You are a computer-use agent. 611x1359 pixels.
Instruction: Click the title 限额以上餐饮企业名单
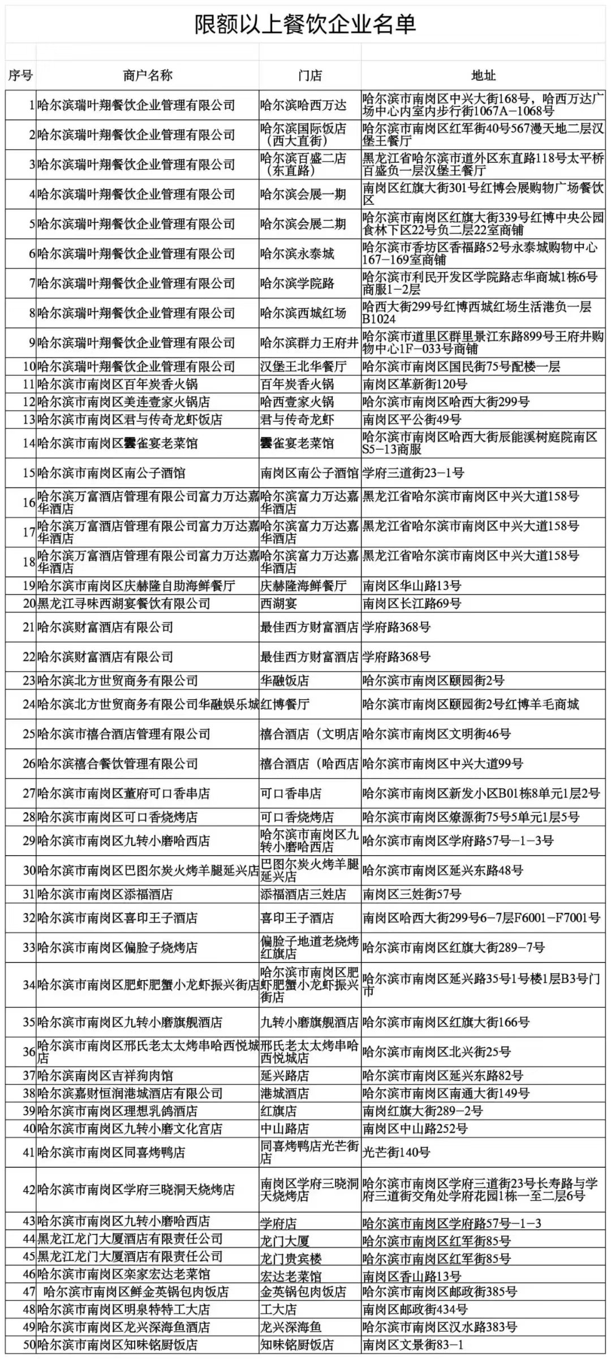(305, 24)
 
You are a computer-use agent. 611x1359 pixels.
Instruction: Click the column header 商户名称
(147, 75)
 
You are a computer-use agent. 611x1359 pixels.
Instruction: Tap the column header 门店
(309, 75)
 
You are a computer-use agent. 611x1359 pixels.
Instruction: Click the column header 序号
(20, 75)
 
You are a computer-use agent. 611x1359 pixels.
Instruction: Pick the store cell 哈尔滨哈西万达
(303, 105)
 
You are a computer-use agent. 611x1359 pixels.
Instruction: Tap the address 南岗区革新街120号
(415, 385)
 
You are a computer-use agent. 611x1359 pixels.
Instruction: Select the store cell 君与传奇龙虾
(296, 420)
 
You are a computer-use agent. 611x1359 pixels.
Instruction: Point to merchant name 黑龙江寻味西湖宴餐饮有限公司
(124, 603)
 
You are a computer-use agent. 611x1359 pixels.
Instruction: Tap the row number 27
(29, 793)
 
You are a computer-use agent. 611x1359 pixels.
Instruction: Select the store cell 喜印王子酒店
(296, 918)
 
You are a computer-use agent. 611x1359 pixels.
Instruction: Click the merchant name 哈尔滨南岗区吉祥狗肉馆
(105, 1075)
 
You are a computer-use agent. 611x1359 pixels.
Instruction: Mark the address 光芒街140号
(396, 1152)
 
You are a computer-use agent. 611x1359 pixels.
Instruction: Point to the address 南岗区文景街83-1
(413, 1344)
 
